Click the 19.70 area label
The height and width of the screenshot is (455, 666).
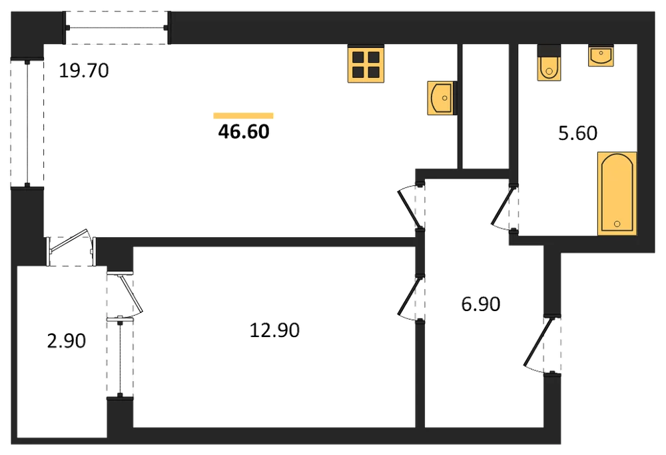pyautogui.click(x=84, y=71)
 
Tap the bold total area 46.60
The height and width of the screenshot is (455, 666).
pyautogui.click(x=244, y=132)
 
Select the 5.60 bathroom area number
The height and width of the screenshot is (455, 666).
pyautogui.click(x=577, y=133)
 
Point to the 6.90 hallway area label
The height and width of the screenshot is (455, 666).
pyautogui.click(x=481, y=304)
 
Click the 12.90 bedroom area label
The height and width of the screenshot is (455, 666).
pyautogui.click(x=274, y=330)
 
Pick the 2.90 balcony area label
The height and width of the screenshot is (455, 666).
pyautogui.click(x=66, y=340)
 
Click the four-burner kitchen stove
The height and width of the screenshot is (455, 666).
pyautogui.click(x=366, y=63)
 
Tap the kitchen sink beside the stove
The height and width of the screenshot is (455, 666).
pyautogui.click(x=442, y=98)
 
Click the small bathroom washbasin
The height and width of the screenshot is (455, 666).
pyautogui.click(x=601, y=55)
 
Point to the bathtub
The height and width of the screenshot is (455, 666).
pyautogui.click(x=617, y=193)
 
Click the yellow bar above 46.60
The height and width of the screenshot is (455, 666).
pyautogui.click(x=243, y=115)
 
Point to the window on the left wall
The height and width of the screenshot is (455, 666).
pyautogui.click(x=27, y=123)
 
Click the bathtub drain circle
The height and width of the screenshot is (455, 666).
pyautogui.click(x=617, y=223)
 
